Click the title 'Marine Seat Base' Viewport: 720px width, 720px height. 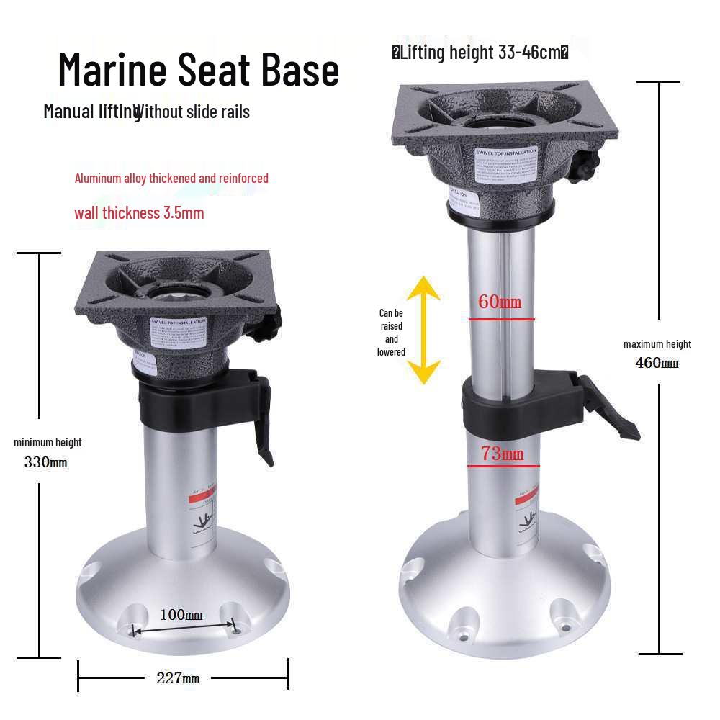point(198,70)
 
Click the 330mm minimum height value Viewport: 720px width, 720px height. point(46,462)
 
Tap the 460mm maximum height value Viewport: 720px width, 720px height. point(657,362)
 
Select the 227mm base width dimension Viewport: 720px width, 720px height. point(178,678)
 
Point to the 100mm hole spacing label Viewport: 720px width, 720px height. point(181,615)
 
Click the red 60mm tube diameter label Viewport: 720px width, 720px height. point(500,302)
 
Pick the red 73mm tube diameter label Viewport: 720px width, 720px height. point(502,454)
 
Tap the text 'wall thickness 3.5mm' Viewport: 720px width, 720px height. point(139,213)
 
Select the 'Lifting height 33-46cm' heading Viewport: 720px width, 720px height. point(480,53)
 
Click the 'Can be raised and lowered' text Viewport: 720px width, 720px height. point(391,333)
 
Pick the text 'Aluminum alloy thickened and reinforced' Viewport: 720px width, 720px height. point(171,178)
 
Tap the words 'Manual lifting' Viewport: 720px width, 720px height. point(91,112)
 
